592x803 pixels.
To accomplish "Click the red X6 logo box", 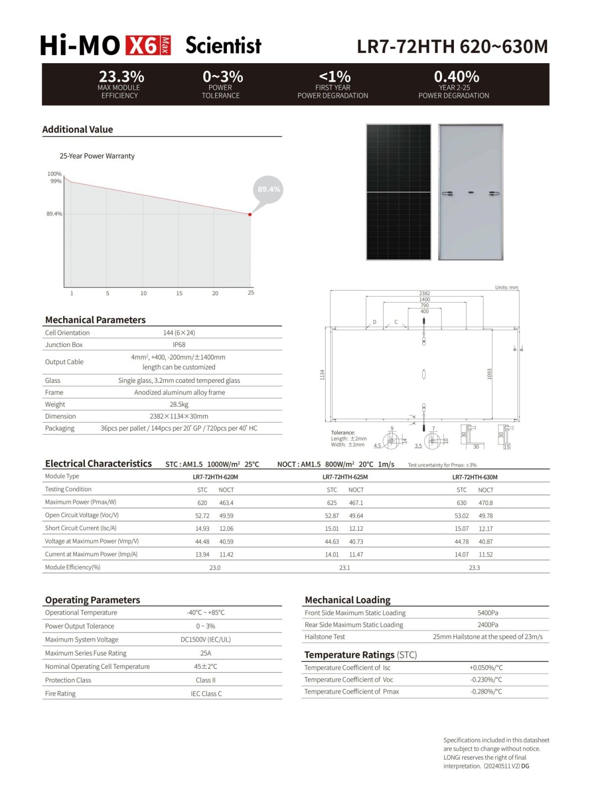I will coord(148,45).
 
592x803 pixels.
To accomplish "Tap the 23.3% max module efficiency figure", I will coord(121,76).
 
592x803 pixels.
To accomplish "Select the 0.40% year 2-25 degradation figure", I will coord(456,76).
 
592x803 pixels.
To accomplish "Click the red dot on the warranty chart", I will coord(250,215).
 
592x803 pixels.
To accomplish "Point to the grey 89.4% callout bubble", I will coord(268,189).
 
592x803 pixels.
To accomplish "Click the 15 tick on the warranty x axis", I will coord(179,293).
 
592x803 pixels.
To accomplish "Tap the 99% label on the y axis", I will coord(56,181).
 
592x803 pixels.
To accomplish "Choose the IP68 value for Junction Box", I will coord(179,345).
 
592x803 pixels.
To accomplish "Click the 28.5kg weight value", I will coord(179,404).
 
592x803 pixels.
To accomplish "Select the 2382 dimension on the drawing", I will coord(424,293).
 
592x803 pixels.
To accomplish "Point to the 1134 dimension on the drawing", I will coord(323,375).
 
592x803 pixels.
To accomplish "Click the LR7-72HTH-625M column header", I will coord(345,477).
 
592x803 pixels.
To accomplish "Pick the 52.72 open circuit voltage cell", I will coord(202,515).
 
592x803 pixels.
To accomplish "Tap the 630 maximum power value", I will coord(461,503).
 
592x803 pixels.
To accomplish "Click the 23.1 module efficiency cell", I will coord(344,568).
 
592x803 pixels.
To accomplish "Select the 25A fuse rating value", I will coord(206,653).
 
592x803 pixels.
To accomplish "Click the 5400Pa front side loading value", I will coord(487,613).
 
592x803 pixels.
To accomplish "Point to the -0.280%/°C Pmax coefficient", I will coord(486,692).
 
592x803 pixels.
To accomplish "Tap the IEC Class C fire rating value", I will coord(206,693).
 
